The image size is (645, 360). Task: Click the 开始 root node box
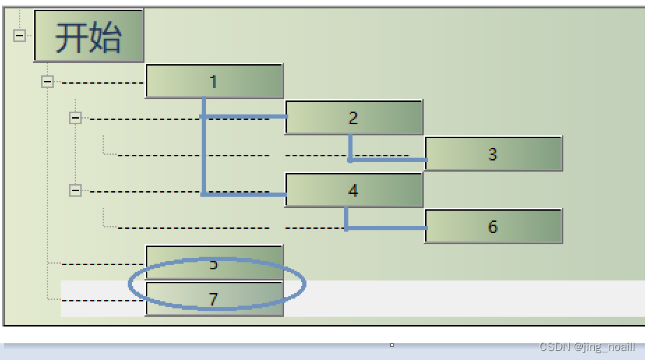coord(89,36)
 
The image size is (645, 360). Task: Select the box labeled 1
coord(214,81)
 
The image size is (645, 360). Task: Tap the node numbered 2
coord(353,117)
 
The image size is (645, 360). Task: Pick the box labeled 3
coord(493,153)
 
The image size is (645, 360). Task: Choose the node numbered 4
coord(353,190)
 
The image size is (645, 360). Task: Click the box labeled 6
coord(493,226)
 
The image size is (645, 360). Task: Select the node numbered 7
coord(214,299)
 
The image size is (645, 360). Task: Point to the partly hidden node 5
coord(214,263)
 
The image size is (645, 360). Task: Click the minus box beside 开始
coord(20,36)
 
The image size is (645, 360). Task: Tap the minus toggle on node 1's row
coord(47,82)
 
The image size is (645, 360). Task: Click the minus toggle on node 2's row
coord(75,118)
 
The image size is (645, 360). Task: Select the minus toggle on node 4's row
coord(75,190)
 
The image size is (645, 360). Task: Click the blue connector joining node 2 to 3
coord(387,160)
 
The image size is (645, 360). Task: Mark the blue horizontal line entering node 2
coord(244,117)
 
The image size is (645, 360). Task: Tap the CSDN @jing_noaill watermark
coord(587,347)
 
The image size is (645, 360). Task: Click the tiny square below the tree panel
coord(392,345)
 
